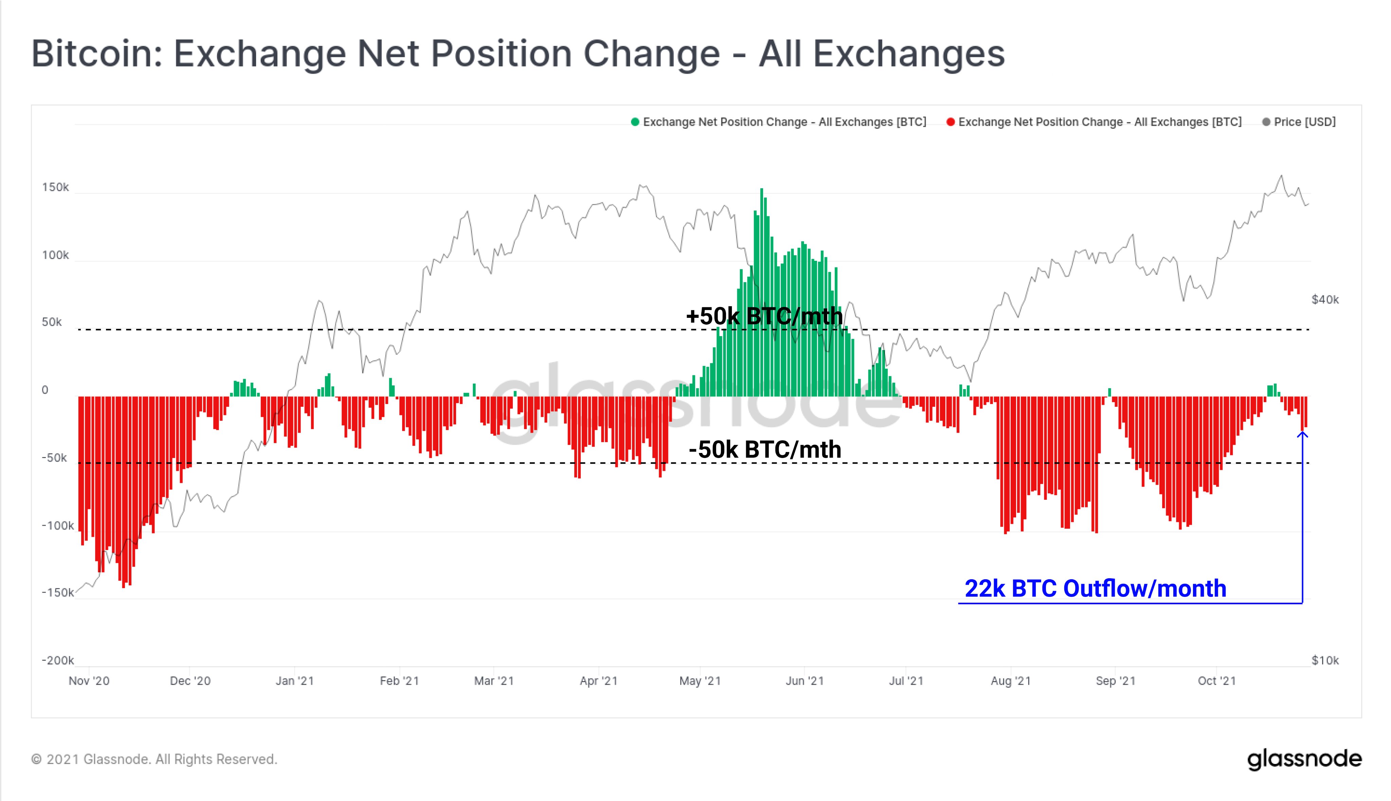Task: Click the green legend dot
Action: pyautogui.click(x=635, y=122)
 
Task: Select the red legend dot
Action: pyautogui.click(x=950, y=122)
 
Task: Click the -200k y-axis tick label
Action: pyautogui.click(x=58, y=660)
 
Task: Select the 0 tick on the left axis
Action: pyautogui.click(x=45, y=390)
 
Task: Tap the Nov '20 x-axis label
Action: pyautogui.click(x=89, y=681)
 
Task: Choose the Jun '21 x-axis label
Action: pyautogui.click(x=805, y=681)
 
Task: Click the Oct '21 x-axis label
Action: pyautogui.click(x=1216, y=681)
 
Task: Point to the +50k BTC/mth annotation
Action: pyautogui.click(x=764, y=316)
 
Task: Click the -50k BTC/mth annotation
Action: pyautogui.click(x=765, y=450)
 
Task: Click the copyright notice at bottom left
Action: pyautogui.click(x=154, y=759)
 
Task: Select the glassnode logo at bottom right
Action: pyautogui.click(x=1304, y=759)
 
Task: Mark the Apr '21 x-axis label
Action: pyautogui.click(x=599, y=681)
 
